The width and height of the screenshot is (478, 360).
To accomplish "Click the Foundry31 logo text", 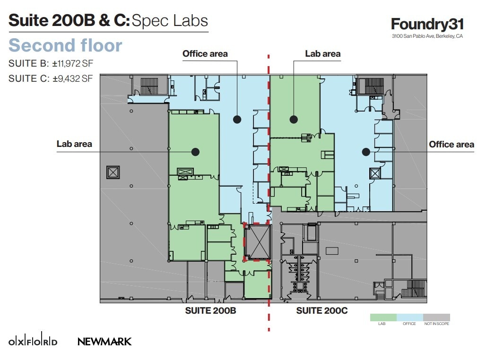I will point(427,25).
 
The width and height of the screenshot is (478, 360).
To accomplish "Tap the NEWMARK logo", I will point(104,341).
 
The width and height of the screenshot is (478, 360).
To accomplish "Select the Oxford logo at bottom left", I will point(33,341).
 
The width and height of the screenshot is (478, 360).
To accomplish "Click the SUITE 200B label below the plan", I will point(210,310).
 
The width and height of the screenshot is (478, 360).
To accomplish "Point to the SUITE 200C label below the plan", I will point(322,310).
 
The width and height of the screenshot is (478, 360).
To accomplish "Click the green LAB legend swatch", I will point(383,317).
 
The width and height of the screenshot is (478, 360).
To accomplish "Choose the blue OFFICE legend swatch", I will point(409,317).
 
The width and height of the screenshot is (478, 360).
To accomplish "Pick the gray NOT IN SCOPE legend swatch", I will point(436,317).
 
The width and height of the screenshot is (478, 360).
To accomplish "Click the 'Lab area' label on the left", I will point(74,144).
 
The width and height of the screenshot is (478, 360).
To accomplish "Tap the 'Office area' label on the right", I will point(451,144).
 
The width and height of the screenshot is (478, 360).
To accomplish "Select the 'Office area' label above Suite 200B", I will point(205,53).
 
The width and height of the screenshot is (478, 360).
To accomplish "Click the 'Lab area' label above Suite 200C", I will point(322,53).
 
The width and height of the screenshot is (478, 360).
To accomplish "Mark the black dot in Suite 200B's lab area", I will point(195,152).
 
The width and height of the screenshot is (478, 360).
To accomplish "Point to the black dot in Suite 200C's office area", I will point(365,152).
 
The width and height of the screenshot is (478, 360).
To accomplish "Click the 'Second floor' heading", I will point(65,45).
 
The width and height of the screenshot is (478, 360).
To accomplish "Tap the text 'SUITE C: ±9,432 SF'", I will point(51,79).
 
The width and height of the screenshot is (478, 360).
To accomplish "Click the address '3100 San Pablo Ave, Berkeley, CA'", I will point(427,36).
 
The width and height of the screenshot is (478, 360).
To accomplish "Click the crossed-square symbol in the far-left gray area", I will point(113,172).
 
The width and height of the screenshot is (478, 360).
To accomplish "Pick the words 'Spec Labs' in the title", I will point(169,20).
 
